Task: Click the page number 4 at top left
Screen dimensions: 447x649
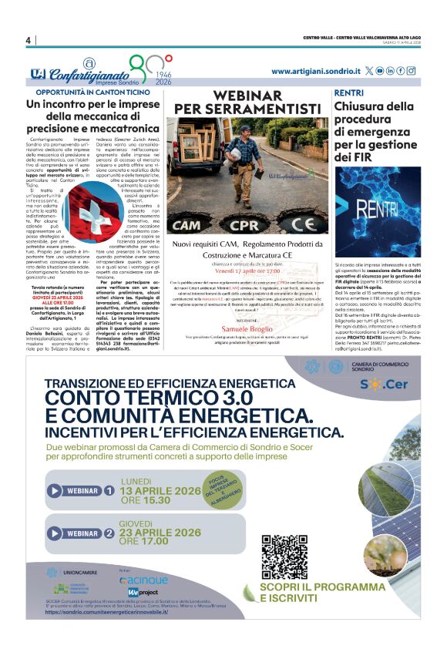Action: (x=28, y=40)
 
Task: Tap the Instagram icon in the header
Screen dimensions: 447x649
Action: (x=412, y=71)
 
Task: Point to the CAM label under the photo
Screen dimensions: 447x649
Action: (x=188, y=225)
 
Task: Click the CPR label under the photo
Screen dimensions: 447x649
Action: (x=245, y=225)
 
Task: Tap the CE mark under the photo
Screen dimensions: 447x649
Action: (x=301, y=225)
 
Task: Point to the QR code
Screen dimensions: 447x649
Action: (x=278, y=556)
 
